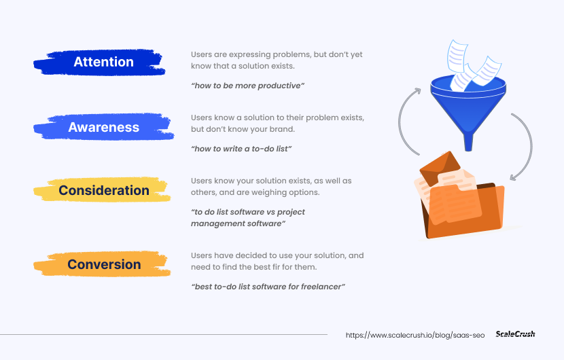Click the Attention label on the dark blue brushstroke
(103, 62)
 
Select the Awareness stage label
(103, 127)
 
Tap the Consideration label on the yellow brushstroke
(103, 190)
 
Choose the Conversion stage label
(104, 264)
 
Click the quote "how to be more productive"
(248, 86)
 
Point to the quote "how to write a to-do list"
(241, 149)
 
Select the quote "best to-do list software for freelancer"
(268, 287)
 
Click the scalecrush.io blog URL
(415, 335)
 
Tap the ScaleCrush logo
(515, 334)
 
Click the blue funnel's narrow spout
(468, 142)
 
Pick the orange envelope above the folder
(440, 168)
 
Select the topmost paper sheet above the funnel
(457, 57)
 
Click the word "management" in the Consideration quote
(211, 223)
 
